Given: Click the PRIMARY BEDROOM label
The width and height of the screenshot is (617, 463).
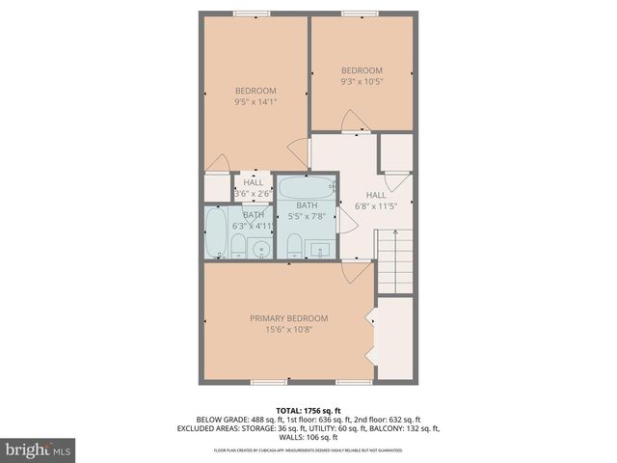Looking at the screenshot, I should pos(288,318).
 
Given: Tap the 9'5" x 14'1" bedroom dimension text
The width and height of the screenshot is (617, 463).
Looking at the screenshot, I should pos(255,100).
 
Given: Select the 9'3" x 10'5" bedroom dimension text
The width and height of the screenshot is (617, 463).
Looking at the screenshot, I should pos(362,83).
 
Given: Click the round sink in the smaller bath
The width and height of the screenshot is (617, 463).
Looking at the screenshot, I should pos(259,250).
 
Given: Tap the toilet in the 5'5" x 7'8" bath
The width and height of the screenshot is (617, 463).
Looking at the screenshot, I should pos(295,245).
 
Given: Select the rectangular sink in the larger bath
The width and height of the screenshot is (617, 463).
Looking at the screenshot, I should pos(320,249).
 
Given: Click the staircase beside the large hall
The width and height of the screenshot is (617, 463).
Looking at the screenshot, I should pos(394,259).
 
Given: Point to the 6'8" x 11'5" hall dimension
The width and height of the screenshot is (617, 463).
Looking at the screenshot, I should pos(375,206).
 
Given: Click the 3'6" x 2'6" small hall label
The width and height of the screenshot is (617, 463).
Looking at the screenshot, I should pos(254,193).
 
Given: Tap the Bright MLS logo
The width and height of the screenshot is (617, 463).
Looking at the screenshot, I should pos(39,449).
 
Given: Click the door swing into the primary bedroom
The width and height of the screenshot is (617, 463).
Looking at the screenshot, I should pos(356,271).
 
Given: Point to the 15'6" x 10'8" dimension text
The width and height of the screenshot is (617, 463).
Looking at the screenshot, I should pos(288,330).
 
